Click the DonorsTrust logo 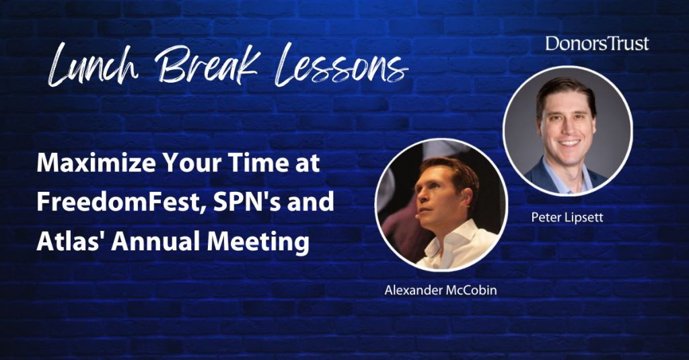coord(597,44)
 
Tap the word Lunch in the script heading coord(93,65)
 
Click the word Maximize coord(96,164)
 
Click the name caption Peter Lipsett coord(567,217)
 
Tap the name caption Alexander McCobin coord(441,289)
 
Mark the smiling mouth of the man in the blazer coord(569,143)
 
